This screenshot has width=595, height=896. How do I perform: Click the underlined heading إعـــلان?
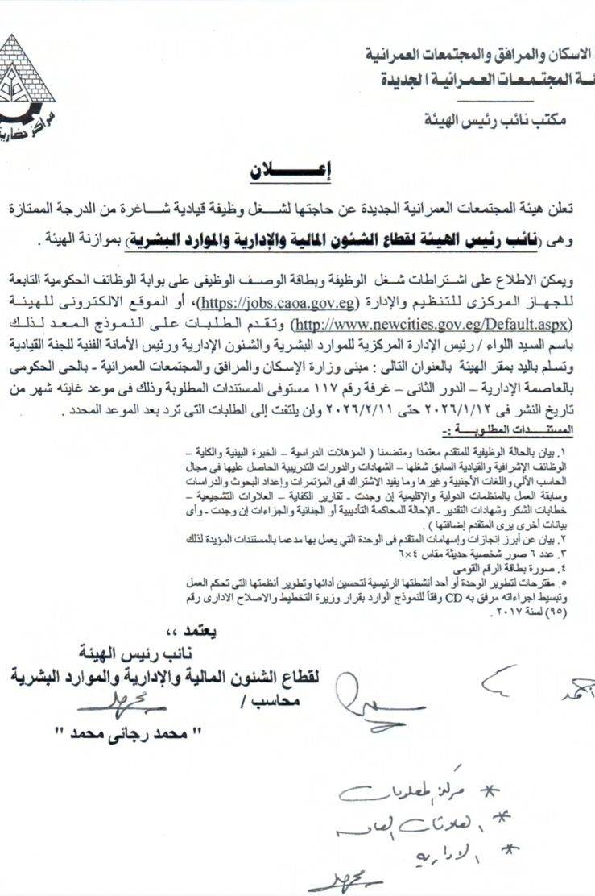pyautogui.click(x=286, y=172)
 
